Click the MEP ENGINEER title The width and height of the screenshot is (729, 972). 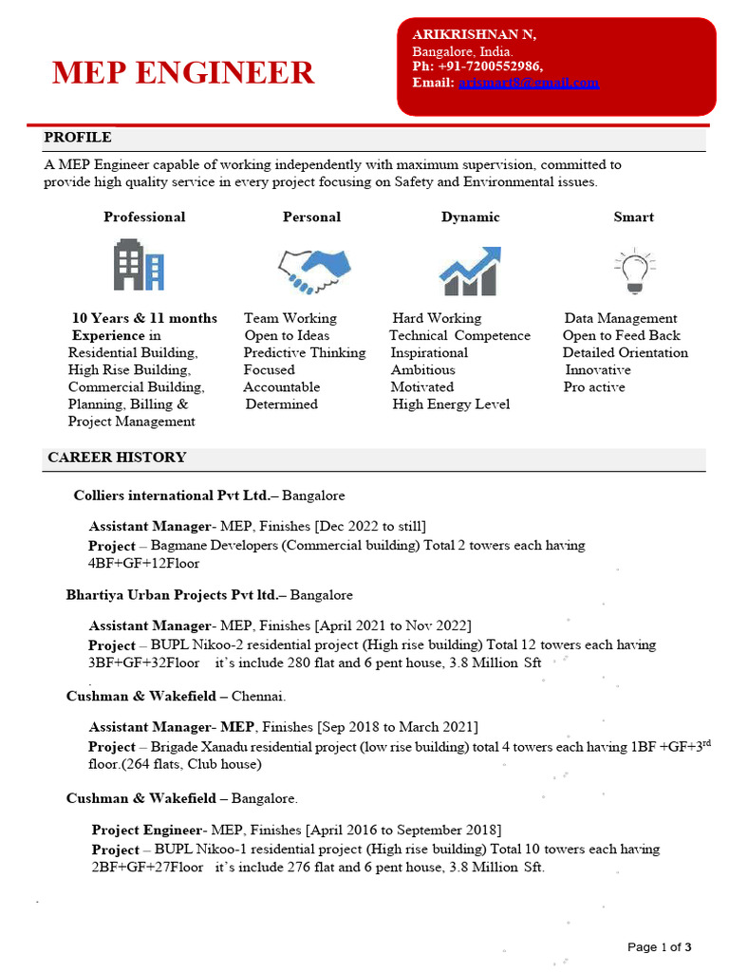coord(182,72)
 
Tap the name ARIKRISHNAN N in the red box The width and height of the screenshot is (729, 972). coord(474,34)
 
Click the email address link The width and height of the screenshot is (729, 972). coord(528,83)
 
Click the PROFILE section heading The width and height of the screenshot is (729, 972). coord(77,138)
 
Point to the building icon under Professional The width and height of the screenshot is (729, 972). coord(139,265)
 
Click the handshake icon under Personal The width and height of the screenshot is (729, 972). coord(314,271)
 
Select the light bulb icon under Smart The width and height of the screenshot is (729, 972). coord(633,270)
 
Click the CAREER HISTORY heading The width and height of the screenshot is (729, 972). coord(117,458)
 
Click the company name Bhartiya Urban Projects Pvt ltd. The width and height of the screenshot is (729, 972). coord(175,595)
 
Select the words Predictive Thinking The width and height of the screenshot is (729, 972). coord(304,352)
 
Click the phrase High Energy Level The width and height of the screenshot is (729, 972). coord(451,404)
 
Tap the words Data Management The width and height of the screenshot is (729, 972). coord(621,318)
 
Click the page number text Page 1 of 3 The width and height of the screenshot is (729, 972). coord(659,946)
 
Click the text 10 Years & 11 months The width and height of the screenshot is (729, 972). coord(144,318)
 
